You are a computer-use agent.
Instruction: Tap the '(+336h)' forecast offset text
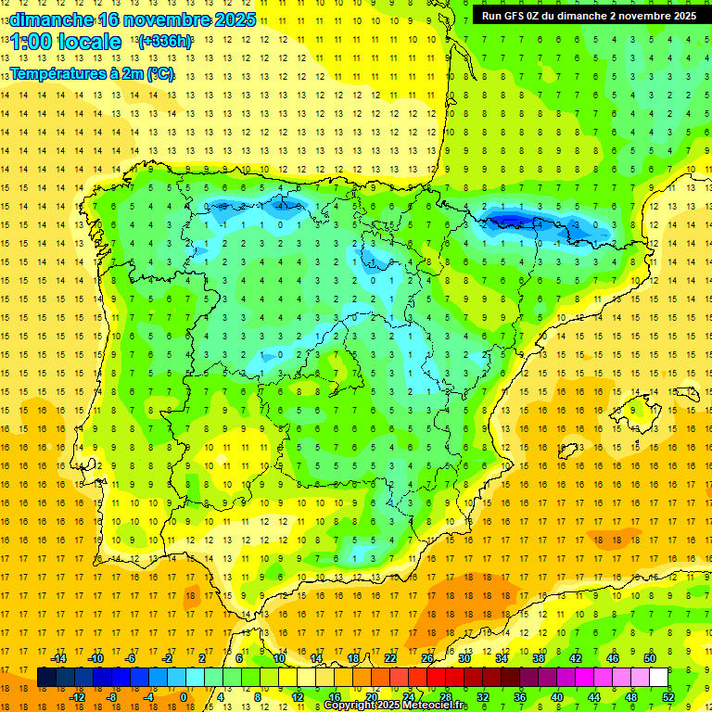(x=165, y=42)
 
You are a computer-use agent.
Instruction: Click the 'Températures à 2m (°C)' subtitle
(x=93, y=74)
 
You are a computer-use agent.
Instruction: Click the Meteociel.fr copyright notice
(x=396, y=706)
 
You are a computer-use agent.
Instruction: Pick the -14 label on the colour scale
(x=58, y=657)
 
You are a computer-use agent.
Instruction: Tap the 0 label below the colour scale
(x=183, y=696)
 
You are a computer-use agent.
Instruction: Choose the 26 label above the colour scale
(x=427, y=657)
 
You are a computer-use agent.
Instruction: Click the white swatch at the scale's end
(x=658, y=677)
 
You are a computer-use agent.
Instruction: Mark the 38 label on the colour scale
(x=539, y=657)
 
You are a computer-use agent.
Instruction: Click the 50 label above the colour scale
(x=649, y=657)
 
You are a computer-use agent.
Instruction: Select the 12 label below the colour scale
(x=297, y=696)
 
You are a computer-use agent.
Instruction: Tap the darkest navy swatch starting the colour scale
(x=46, y=677)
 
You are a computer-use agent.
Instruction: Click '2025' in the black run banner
(x=681, y=16)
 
